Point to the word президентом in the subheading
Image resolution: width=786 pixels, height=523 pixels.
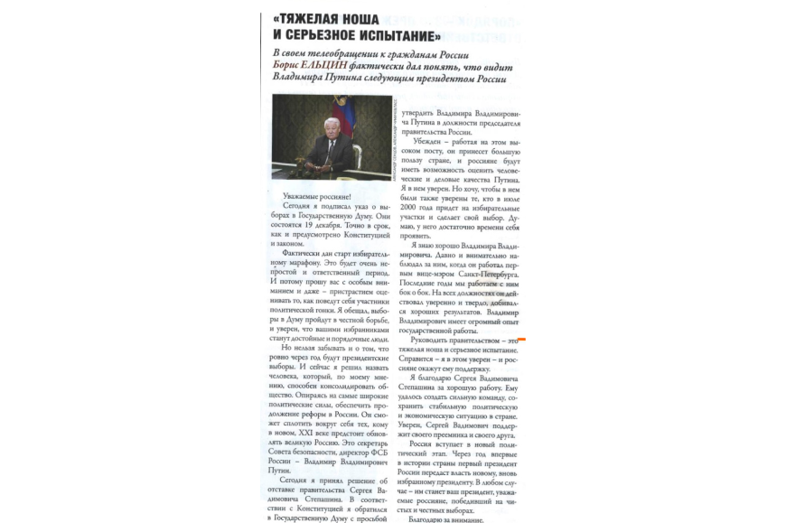(446, 79)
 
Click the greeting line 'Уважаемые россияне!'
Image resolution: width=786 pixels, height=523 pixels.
(317, 197)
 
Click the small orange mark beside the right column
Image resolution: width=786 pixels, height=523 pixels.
(521, 339)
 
